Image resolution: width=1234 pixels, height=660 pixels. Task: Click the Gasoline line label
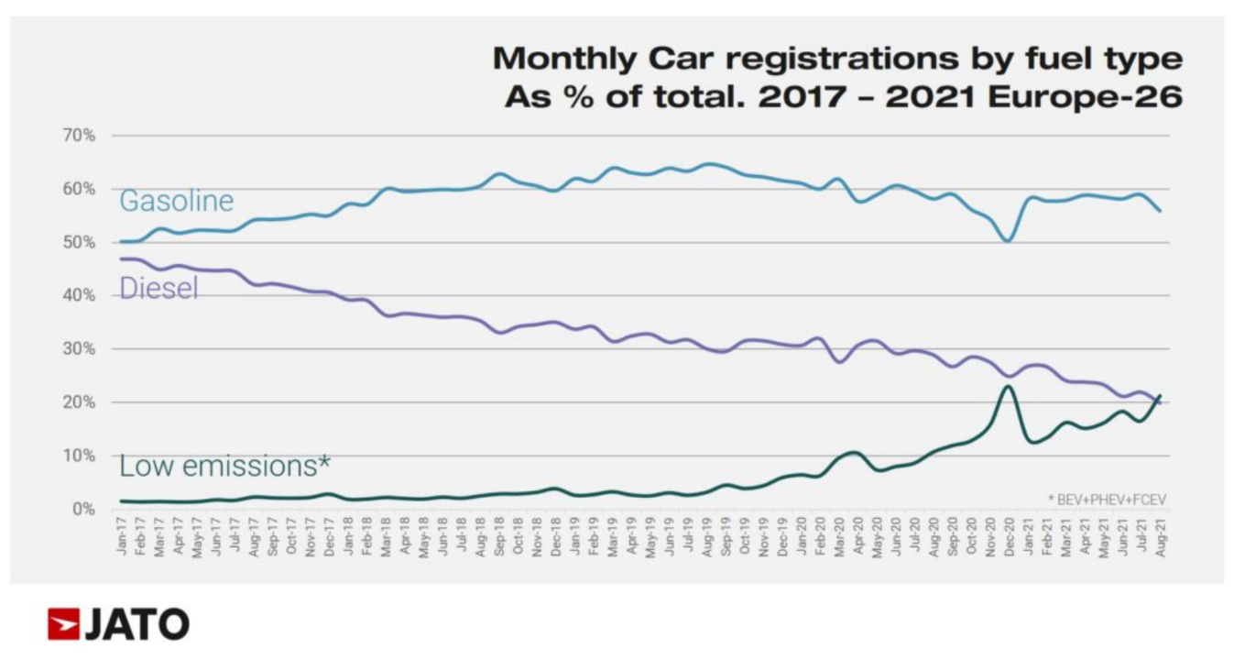177,201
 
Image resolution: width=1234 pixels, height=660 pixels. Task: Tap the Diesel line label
159,289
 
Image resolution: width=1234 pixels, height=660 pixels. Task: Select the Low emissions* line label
224,466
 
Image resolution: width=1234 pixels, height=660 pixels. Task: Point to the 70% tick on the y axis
79,136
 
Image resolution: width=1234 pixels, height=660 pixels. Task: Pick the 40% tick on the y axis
79,295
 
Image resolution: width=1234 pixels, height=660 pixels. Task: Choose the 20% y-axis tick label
79,402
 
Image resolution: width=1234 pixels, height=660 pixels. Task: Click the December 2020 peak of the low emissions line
1008,386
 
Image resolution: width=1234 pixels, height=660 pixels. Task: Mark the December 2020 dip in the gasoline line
1008,241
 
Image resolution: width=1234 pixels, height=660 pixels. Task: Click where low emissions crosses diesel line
1156,401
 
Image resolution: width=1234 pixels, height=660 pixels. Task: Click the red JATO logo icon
63,624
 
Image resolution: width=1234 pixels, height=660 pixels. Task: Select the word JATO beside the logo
137,624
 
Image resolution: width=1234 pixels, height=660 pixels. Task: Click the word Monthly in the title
564,59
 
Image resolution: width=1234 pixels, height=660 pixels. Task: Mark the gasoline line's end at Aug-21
1162,211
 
